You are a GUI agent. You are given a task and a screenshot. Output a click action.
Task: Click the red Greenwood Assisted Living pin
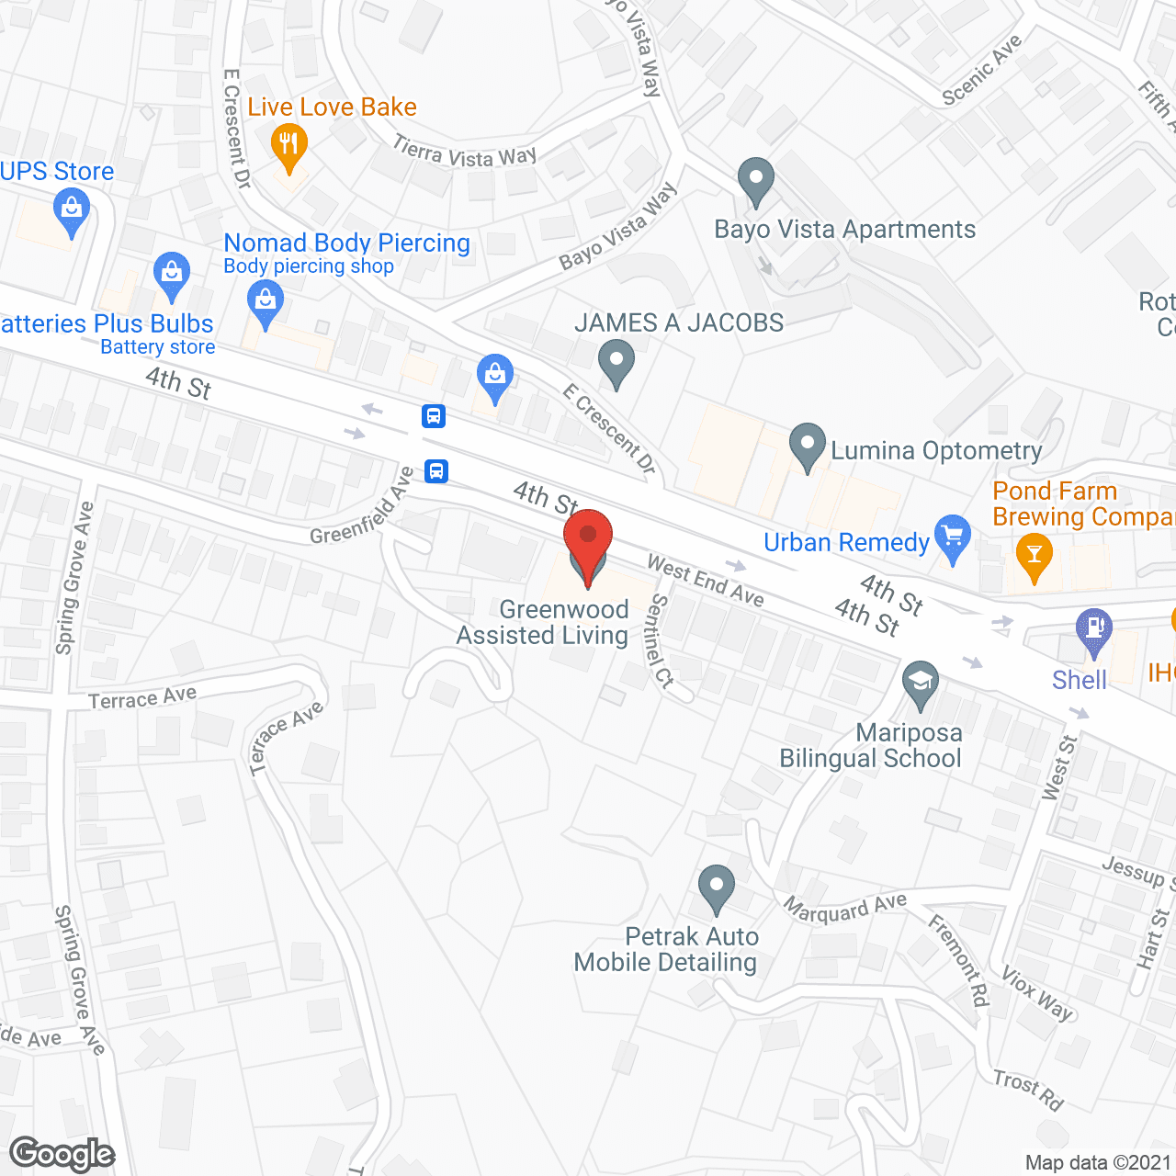[x=588, y=542]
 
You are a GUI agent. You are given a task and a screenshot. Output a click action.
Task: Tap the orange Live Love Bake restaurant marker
[x=288, y=145]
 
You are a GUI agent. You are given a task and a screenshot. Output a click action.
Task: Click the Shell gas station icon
[x=1093, y=630]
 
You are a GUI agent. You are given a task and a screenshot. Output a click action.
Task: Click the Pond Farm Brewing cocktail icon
[x=1035, y=555]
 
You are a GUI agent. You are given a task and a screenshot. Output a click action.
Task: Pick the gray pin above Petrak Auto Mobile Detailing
[x=716, y=888]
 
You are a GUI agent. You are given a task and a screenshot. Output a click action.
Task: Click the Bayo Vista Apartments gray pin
[x=756, y=180]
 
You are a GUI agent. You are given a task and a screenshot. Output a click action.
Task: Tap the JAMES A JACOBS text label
[x=679, y=322]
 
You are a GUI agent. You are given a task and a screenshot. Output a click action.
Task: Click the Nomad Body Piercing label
[x=346, y=243]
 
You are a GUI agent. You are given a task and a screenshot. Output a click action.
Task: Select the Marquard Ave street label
[x=844, y=908]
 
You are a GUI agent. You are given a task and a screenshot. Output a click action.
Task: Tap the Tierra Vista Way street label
[x=465, y=152]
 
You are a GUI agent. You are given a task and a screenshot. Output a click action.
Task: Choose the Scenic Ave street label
[x=982, y=70]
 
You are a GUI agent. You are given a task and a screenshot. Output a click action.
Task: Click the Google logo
[x=62, y=1153]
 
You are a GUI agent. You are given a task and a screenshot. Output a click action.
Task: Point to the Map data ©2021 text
[x=1098, y=1162]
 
